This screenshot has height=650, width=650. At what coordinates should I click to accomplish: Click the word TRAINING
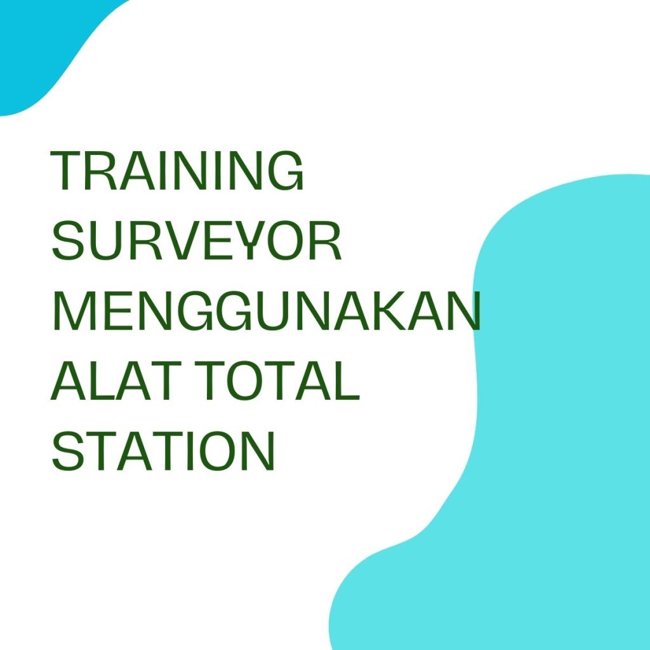tap(178, 171)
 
